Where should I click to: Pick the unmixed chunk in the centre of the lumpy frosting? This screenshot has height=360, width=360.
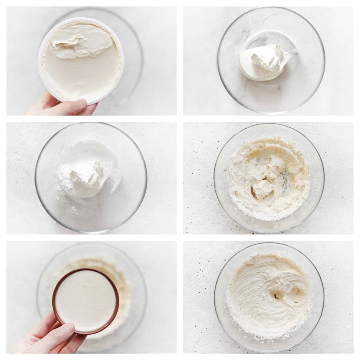click(262, 188)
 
